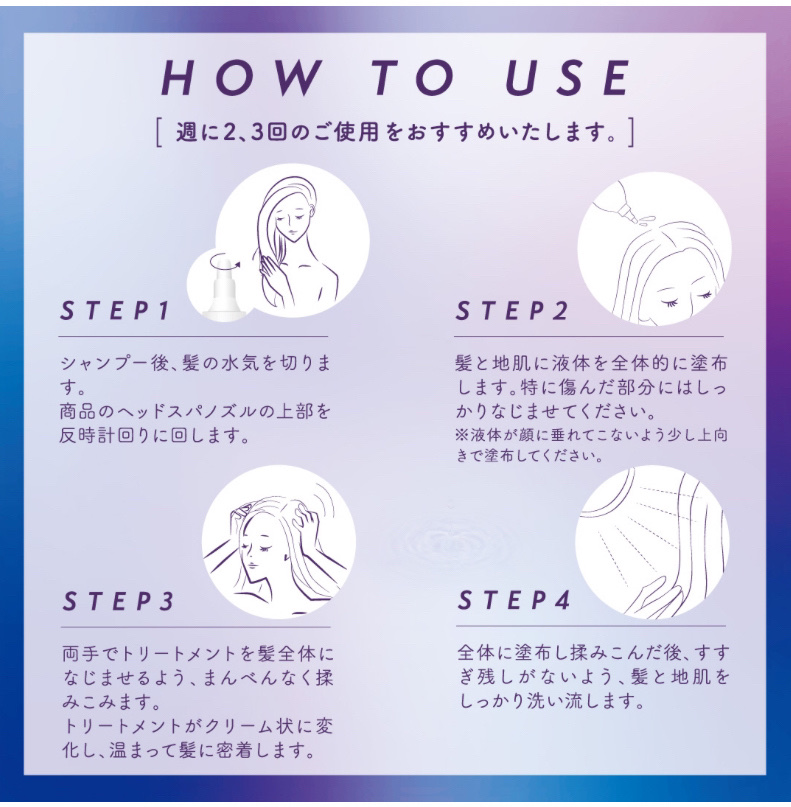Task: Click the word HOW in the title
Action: [240, 78]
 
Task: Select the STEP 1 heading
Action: [115, 310]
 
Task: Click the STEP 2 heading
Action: [512, 310]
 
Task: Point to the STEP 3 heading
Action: [118, 601]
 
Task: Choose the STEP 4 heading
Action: [514, 600]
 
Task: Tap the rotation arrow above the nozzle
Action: [220, 260]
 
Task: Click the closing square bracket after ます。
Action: [630, 132]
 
